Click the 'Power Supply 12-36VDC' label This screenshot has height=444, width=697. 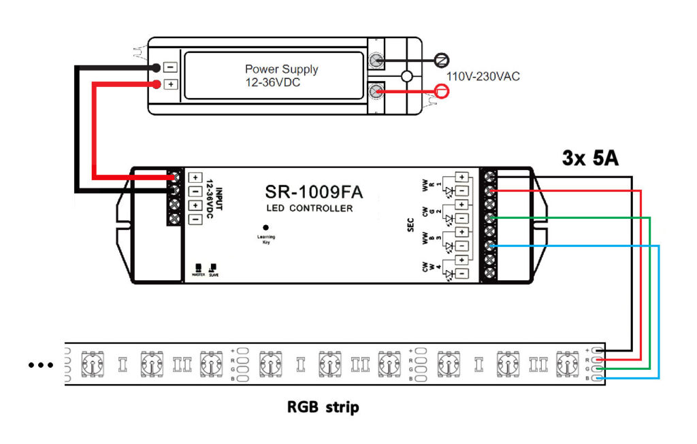(281, 75)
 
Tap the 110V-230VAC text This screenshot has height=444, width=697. (483, 76)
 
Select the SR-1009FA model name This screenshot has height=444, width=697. (313, 192)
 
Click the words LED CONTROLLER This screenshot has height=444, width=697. (311, 208)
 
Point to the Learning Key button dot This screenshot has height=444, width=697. (265, 228)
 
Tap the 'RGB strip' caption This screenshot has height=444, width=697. (323, 408)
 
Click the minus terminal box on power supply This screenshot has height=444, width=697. (171, 67)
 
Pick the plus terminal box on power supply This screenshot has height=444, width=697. (171, 84)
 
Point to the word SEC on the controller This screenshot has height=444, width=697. (410, 224)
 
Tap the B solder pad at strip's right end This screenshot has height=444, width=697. (598, 377)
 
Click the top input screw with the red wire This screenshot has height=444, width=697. (176, 177)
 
